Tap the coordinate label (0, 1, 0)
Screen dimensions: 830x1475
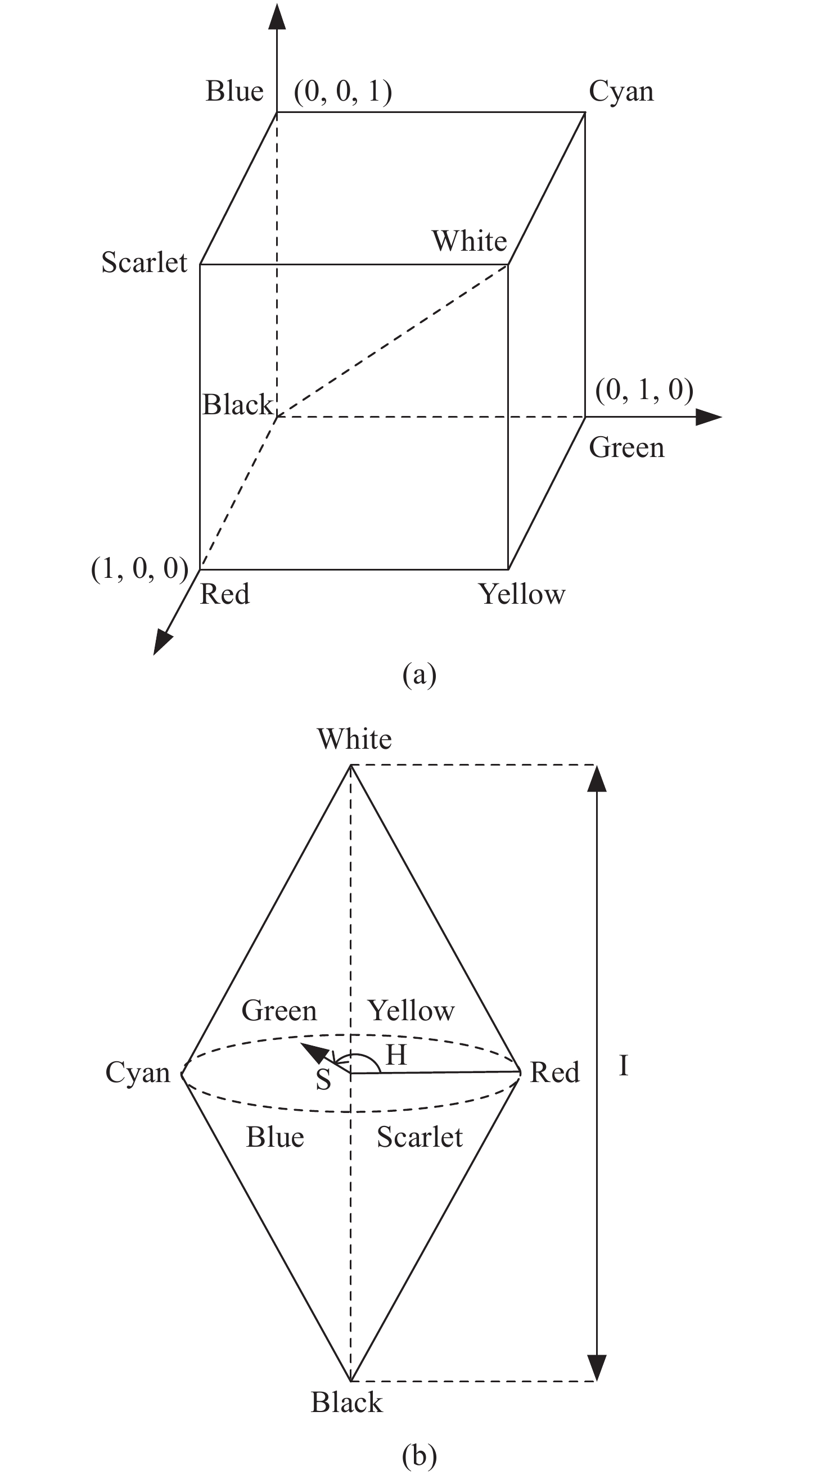click(644, 390)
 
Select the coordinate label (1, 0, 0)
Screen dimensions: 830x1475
click(140, 569)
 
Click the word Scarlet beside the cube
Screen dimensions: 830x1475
click(145, 263)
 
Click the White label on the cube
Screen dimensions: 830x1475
click(470, 241)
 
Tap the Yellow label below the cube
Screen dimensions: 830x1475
click(522, 594)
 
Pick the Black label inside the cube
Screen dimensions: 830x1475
click(238, 404)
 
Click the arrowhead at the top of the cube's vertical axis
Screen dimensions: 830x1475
click(277, 16)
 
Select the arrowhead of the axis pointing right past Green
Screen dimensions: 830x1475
click(709, 418)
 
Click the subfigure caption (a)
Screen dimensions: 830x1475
click(419, 675)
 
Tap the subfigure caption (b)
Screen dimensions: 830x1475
click(419, 1455)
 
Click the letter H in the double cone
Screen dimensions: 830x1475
click(396, 1055)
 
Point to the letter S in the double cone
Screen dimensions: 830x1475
click(324, 1079)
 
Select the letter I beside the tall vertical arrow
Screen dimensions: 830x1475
click(624, 1066)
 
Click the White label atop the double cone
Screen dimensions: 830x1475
click(355, 739)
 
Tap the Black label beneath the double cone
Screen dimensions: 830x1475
click(347, 1402)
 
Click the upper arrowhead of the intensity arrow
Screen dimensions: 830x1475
click(597, 779)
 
